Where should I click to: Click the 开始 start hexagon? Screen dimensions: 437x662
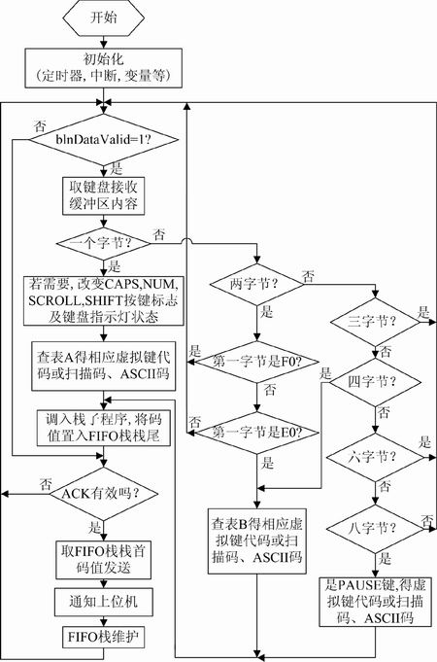pos(104,17)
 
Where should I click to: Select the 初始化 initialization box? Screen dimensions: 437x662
pos(104,68)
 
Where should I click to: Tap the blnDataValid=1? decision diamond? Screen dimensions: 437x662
pos(104,139)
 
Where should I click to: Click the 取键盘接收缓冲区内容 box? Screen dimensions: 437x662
pos(104,196)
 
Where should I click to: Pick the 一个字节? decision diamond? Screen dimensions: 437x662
pos(104,243)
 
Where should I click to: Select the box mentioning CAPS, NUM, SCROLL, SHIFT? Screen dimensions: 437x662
pos(104,301)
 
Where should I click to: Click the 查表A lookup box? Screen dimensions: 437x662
pos(104,366)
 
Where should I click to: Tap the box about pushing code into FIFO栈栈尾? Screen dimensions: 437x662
pos(104,428)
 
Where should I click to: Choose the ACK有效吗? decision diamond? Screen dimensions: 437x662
pos(104,494)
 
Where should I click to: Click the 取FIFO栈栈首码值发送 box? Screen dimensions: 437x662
pos(104,560)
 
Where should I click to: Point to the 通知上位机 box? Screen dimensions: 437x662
pos(104,602)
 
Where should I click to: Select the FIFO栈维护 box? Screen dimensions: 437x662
pos(104,638)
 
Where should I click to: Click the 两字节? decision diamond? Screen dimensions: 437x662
pos(256,284)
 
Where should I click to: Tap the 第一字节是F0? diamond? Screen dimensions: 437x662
pos(256,362)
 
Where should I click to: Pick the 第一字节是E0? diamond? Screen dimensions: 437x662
pos(256,433)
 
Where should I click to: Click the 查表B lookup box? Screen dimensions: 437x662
pos(256,541)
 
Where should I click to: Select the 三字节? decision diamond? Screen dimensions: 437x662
pos(375,322)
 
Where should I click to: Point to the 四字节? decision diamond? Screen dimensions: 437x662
pos(375,382)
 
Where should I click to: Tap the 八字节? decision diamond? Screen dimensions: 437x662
pos(375,529)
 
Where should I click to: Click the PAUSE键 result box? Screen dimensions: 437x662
pos(375,602)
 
